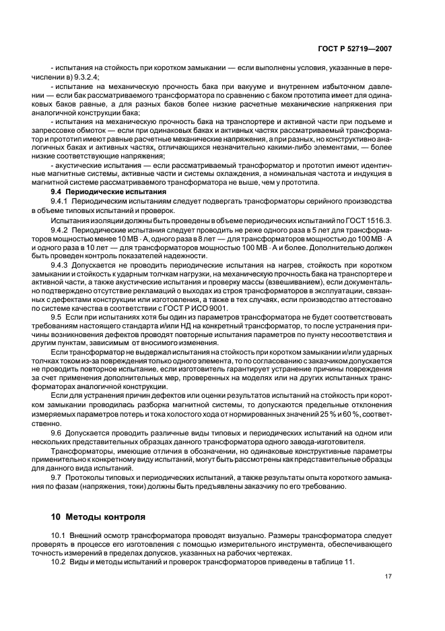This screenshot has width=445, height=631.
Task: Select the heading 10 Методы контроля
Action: point(98,518)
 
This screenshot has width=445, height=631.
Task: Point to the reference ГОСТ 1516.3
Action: point(373,220)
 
